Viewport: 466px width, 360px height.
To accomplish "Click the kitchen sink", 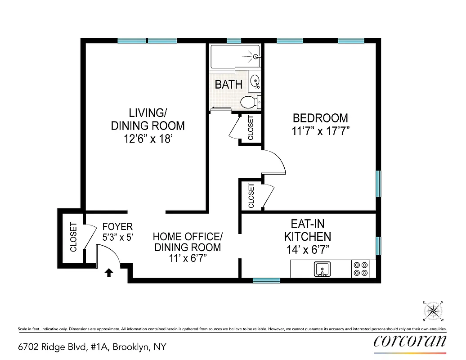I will pos(322,269).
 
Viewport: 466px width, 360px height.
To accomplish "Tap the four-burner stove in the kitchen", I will pos(360,269).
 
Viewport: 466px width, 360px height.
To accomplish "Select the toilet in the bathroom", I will pos(249,102).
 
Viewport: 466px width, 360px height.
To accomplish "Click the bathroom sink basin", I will pos(255,82).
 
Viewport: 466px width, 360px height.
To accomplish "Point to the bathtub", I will pos(235,57).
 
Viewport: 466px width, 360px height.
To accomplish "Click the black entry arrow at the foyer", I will pos(108,272).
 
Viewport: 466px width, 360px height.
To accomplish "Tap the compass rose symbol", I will pos(434,310).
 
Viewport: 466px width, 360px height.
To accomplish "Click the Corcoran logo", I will pos(410,341).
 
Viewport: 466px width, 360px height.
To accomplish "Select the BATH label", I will pos(229,84).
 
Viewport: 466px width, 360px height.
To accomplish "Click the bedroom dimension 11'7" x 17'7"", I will pos(320,131).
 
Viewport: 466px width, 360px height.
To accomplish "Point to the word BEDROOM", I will pos(320,118).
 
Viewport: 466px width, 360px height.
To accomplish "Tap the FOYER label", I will pos(117,227).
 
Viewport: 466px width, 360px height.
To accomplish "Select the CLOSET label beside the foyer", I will pos(74,237).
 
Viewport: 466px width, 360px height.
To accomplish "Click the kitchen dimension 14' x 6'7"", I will pos(308,249).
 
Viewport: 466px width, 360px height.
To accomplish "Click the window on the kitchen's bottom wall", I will pos(266,280).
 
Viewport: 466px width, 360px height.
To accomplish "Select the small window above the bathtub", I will pos(234,41).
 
